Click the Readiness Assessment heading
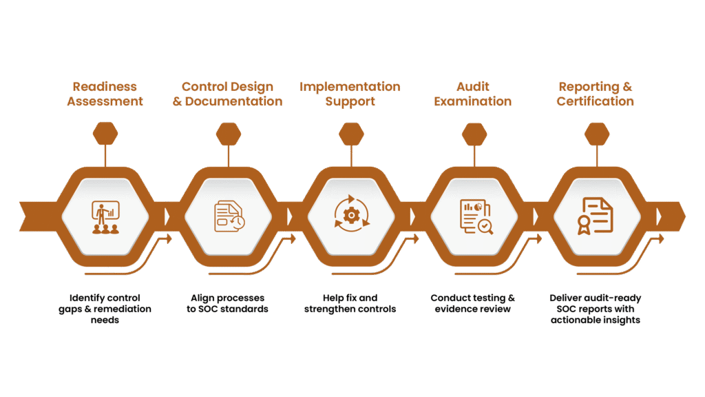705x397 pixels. point(105,94)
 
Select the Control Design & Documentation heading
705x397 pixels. point(227,94)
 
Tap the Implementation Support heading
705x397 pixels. point(350,94)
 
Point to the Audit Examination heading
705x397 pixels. point(474,94)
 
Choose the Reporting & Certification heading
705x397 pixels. point(596,94)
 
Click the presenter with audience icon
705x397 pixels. point(105,216)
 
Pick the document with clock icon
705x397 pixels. point(228,216)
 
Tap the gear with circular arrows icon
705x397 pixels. point(350,216)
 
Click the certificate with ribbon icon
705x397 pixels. point(596,216)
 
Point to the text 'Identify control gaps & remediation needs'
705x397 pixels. point(105,309)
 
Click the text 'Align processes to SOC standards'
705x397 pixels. point(227,303)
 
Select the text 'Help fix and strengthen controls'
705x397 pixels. point(350,303)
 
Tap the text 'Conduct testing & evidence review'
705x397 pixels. point(473,303)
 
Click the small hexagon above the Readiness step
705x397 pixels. point(105,134)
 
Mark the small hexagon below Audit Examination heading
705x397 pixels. point(474,134)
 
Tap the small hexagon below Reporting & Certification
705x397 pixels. point(596,134)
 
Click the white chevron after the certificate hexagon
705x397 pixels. point(659,216)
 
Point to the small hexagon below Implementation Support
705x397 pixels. point(350,134)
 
